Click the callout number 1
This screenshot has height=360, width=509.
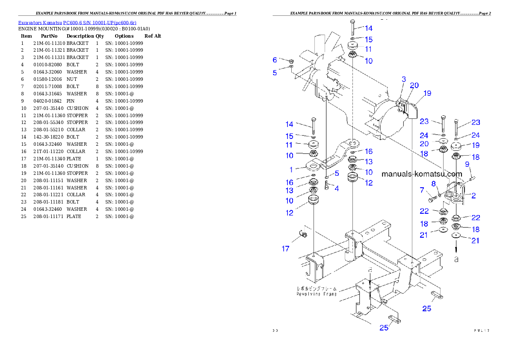(x=291, y=170)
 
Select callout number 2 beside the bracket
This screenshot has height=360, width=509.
(x=473, y=196)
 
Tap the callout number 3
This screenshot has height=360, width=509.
(x=403, y=79)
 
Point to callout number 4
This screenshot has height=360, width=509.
(x=337, y=188)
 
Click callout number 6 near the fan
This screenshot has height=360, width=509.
(x=275, y=60)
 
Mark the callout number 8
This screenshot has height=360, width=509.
(x=433, y=183)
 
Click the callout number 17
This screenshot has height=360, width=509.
(x=285, y=248)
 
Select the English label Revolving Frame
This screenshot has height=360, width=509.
(x=317, y=294)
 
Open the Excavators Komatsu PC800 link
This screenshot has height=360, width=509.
(x=77, y=23)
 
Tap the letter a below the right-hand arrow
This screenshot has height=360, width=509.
(x=456, y=259)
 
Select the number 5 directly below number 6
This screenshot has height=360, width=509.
(x=275, y=73)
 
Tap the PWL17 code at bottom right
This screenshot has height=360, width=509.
(x=481, y=330)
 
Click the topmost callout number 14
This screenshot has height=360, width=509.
(x=368, y=28)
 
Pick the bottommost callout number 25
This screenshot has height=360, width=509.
(x=384, y=328)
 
